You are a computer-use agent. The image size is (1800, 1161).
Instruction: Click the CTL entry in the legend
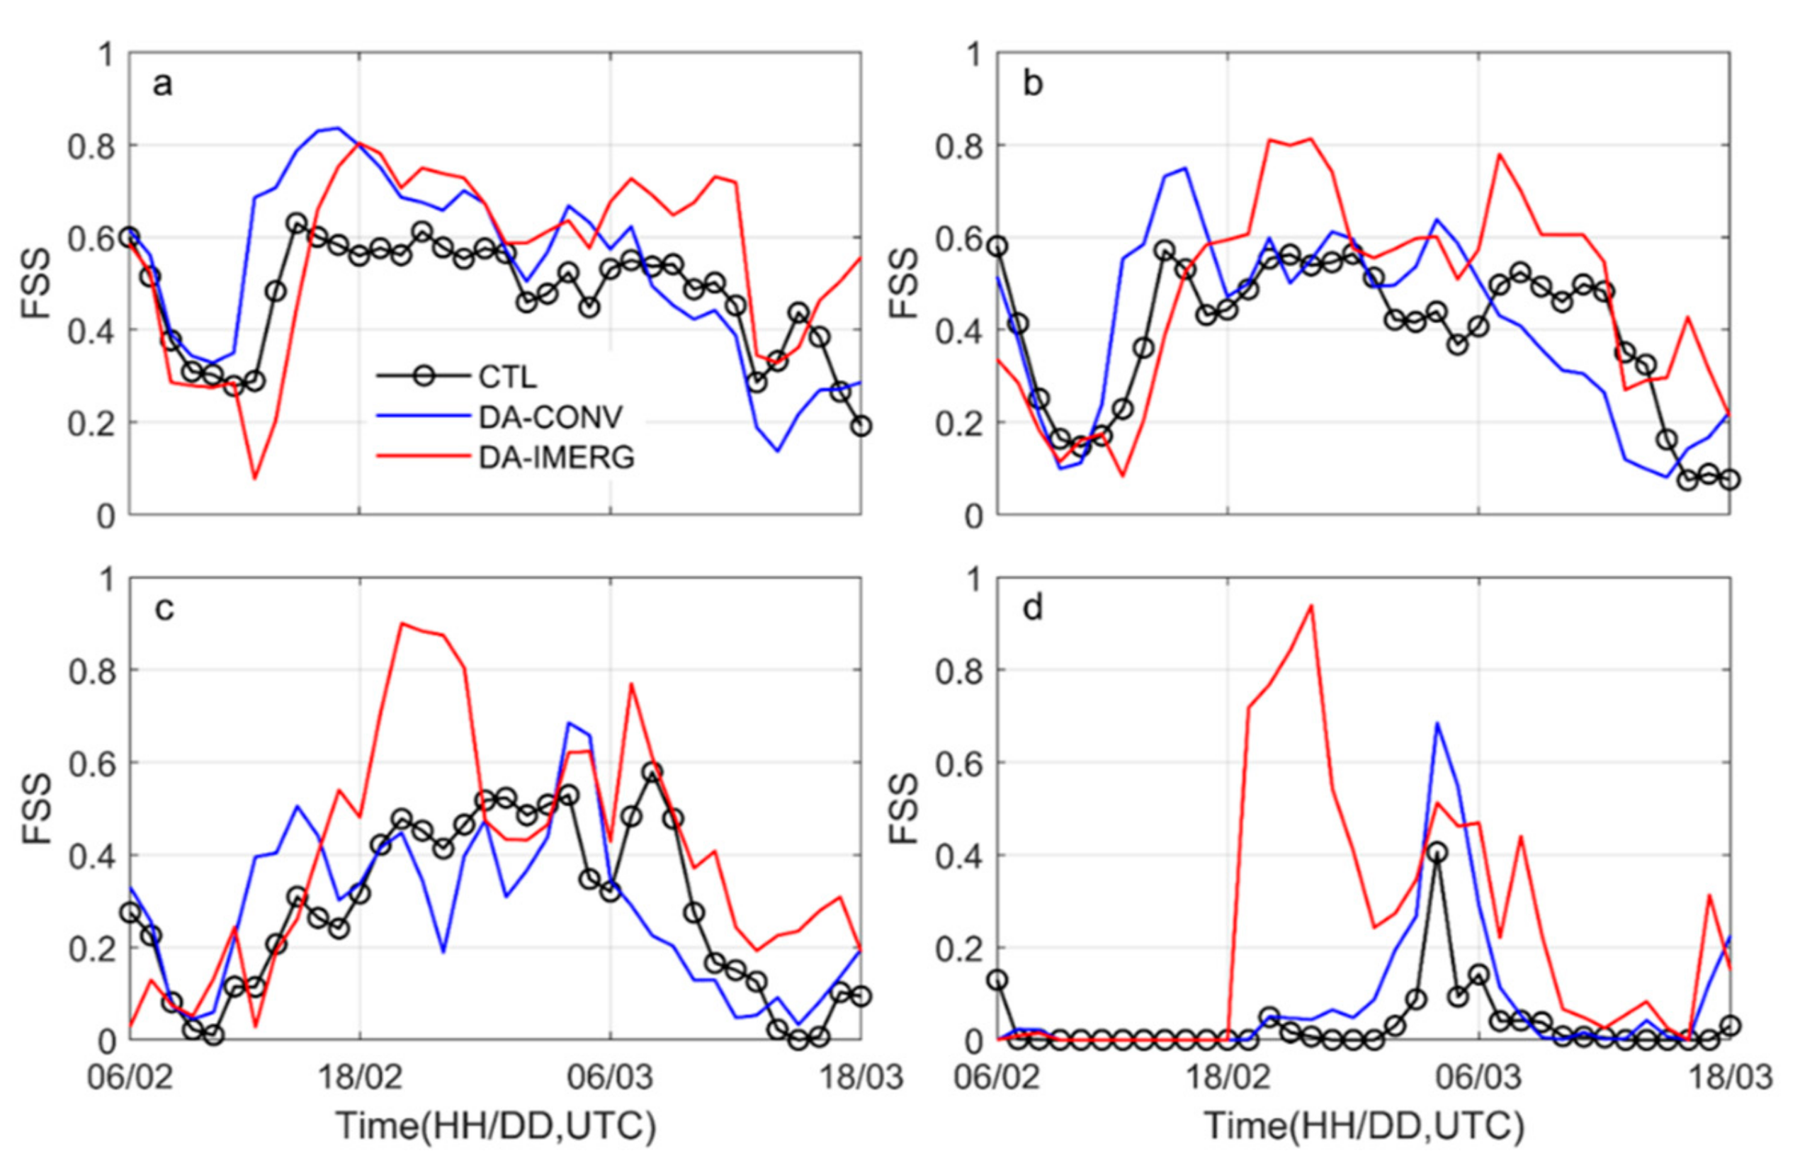(x=506, y=376)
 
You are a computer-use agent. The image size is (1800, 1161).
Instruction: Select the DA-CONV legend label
(x=550, y=417)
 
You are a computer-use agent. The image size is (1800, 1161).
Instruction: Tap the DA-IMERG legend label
(x=556, y=458)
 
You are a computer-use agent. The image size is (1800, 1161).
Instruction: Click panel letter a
(x=162, y=84)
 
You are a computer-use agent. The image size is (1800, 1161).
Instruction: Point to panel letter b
(x=1032, y=84)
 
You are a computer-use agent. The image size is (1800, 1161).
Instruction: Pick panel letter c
(x=164, y=608)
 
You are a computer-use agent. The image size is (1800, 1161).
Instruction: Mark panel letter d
(x=1032, y=608)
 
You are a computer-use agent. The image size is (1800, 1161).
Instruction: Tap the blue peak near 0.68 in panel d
(x=1437, y=723)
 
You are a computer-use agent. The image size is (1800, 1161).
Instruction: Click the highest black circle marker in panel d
(x=1437, y=853)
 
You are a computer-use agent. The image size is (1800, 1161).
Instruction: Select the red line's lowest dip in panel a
(x=255, y=478)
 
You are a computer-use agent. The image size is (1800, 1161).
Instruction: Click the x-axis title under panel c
(x=496, y=1126)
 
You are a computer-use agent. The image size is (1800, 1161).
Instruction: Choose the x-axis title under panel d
(x=1364, y=1126)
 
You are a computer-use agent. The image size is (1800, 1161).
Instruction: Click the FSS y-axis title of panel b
(x=902, y=284)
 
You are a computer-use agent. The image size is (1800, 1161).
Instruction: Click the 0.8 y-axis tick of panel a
(x=91, y=146)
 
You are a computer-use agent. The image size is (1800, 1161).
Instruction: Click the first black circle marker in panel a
(x=130, y=237)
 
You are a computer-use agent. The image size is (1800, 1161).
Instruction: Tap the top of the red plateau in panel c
(x=402, y=623)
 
